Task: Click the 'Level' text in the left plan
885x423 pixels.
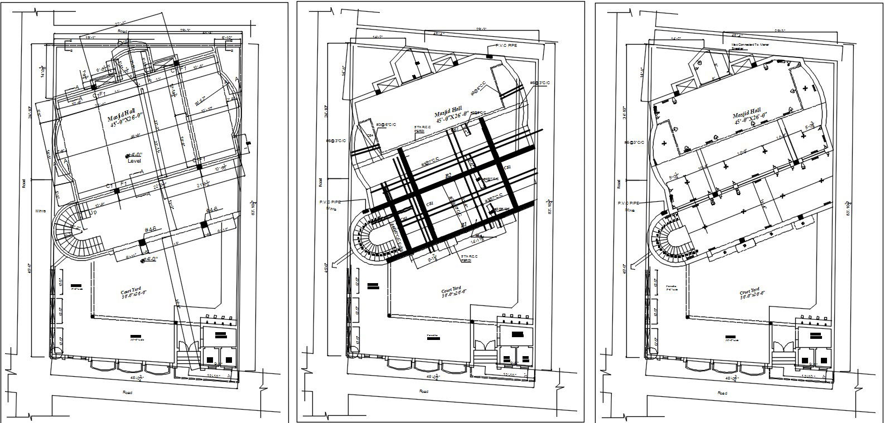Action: [134, 160]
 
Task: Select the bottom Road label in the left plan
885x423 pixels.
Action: [127, 392]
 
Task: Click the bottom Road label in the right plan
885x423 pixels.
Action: [722, 393]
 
